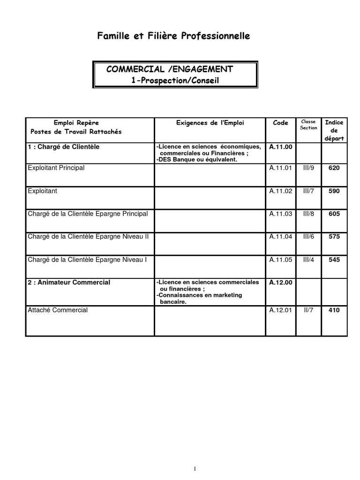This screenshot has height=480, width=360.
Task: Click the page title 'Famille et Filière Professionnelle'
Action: click(173, 36)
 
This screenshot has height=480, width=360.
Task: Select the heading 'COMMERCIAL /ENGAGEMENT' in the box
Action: click(170, 69)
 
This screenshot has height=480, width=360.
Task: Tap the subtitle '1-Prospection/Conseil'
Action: click(175, 80)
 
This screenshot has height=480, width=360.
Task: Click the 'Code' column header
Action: click(280, 123)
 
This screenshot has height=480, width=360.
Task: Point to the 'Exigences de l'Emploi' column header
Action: click(210, 123)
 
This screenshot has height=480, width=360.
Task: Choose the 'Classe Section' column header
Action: click(308, 125)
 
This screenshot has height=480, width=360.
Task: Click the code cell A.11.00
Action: click(280, 147)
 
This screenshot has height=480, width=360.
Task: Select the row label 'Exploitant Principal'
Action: click(56, 168)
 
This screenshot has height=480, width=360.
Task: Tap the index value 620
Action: click(334, 168)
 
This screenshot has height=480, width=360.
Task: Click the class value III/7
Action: click(308, 191)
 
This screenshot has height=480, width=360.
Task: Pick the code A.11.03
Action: click(280, 214)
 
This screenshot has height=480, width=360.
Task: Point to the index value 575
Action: click(334, 237)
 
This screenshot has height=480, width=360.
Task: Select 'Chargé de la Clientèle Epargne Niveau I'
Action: click(87, 259)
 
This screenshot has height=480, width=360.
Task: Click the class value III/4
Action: click(308, 259)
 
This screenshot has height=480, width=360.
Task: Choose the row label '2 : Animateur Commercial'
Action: click(69, 282)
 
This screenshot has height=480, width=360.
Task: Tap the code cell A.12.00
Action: click(280, 282)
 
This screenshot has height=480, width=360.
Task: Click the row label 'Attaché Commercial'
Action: click(58, 310)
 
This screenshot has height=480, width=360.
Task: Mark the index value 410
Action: click(334, 310)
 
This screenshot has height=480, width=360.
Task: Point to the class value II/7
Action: click(308, 310)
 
